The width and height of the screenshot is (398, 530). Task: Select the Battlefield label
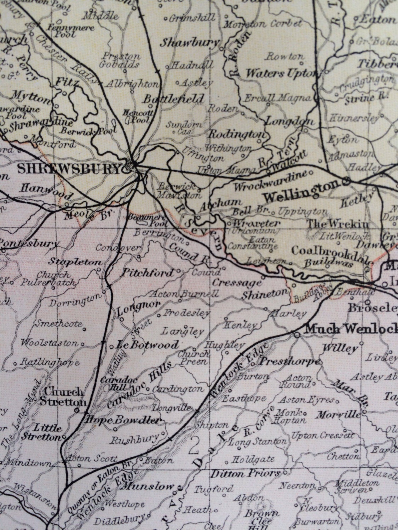coord(173,99)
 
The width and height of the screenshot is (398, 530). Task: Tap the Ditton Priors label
coord(246,473)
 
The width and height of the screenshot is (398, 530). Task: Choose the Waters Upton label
coord(280,73)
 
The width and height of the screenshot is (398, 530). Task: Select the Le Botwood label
coord(148,345)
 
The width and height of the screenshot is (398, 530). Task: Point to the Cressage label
coord(236,283)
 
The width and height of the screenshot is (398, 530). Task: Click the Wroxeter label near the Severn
coord(256,224)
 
